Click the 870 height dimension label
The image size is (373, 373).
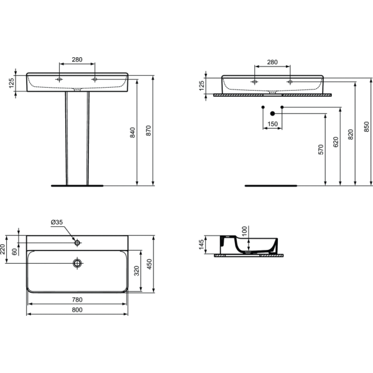tap(148, 131)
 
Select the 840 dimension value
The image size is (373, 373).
tap(133, 132)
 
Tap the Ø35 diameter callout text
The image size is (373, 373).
tap(57, 222)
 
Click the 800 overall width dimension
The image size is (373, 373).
tap(77, 310)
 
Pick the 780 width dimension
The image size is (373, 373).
tap(77, 300)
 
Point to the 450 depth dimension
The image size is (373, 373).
tap(149, 264)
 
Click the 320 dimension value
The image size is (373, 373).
tap(137, 270)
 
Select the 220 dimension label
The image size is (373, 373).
tap(2, 249)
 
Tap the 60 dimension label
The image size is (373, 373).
tap(14, 252)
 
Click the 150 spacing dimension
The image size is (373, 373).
tap(273, 124)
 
